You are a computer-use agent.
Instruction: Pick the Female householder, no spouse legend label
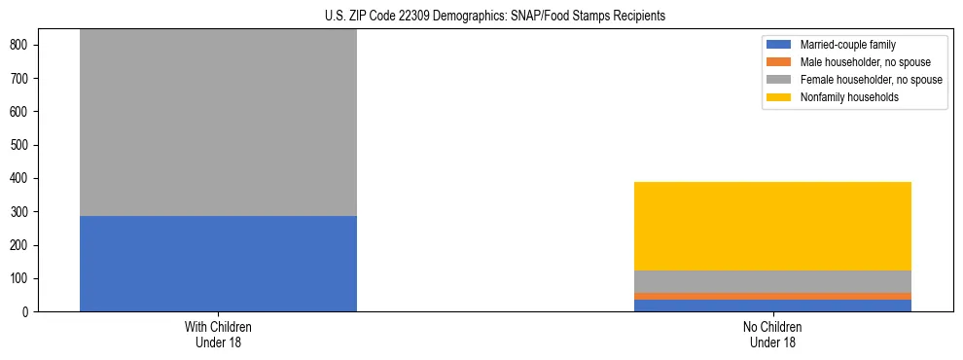pyautogui.click(x=871, y=80)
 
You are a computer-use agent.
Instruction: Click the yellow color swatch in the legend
pyautogui.click(x=779, y=97)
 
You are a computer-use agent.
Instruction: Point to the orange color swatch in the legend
pyautogui.click(x=779, y=62)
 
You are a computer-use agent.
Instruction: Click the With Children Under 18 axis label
pyautogui.click(x=218, y=335)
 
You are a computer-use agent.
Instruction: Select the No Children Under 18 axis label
pyautogui.click(x=772, y=335)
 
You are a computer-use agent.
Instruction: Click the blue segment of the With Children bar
pyautogui.click(x=218, y=264)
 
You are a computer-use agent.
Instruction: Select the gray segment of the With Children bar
pyautogui.click(x=218, y=123)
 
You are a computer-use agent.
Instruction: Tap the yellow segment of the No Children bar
pyautogui.click(x=772, y=226)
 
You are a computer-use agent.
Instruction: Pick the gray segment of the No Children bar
pyautogui.click(x=772, y=281)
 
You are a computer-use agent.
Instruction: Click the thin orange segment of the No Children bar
pyautogui.click(x=772, y=296)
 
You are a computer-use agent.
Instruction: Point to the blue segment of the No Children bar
pyautogui.click(x=772, y=306)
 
